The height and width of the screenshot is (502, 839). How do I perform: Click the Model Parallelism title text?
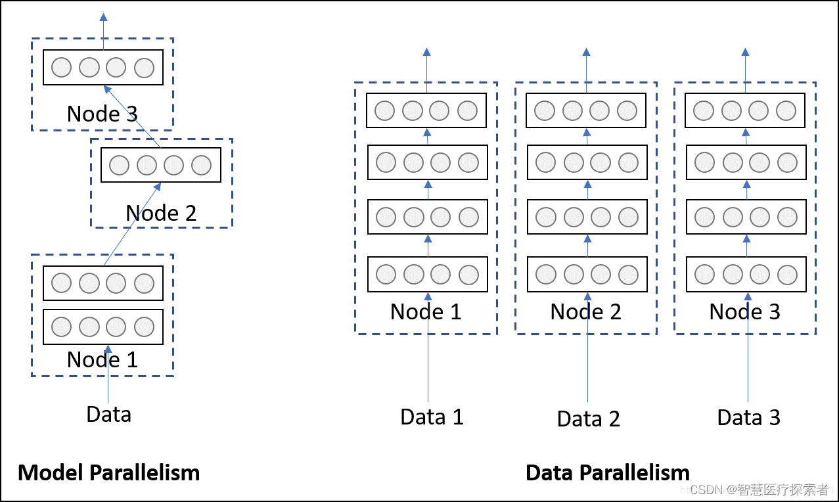point(108,472)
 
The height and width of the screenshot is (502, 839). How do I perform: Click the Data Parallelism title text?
point(608,472)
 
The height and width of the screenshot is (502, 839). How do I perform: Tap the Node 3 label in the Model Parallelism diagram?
point(102,114)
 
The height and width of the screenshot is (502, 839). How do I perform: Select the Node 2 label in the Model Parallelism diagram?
point(161,213)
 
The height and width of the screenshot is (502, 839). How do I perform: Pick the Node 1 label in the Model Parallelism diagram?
point(102,359)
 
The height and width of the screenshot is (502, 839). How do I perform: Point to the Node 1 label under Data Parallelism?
point(426,311)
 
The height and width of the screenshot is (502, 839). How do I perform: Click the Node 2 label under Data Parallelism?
point(585,311)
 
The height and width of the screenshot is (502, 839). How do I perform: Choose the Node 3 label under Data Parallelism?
point(744,311)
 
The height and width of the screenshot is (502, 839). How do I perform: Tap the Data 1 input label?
point(432,417)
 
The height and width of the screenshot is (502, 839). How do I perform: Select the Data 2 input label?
point(588,419)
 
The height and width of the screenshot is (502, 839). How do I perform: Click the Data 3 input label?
point(748,417)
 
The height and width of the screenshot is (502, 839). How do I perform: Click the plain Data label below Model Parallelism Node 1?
point(109,414)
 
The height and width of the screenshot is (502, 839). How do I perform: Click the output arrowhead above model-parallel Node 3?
point(103,18)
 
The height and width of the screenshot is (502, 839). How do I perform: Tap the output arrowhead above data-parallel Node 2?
point(587,51)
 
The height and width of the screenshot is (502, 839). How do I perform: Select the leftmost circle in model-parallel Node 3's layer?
point(62,68)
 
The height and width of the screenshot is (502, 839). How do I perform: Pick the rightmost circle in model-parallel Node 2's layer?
point(201,166)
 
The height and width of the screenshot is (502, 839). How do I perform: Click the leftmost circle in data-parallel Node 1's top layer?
point(385,111)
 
